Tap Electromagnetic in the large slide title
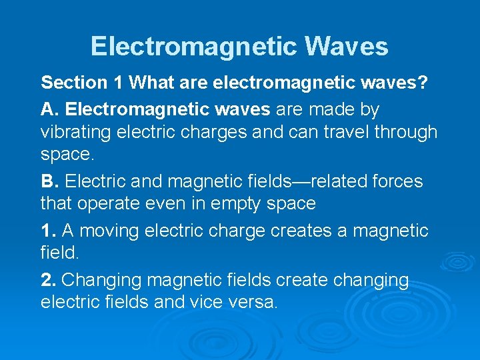click(x=193, y=47)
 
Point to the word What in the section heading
click(x=149, y=83)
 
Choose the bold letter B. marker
click(x=51, y=181)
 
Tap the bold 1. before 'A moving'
click(x=49, y=231)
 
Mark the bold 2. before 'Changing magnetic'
click(x=49, y=280)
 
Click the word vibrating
click(x=75, y=132)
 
